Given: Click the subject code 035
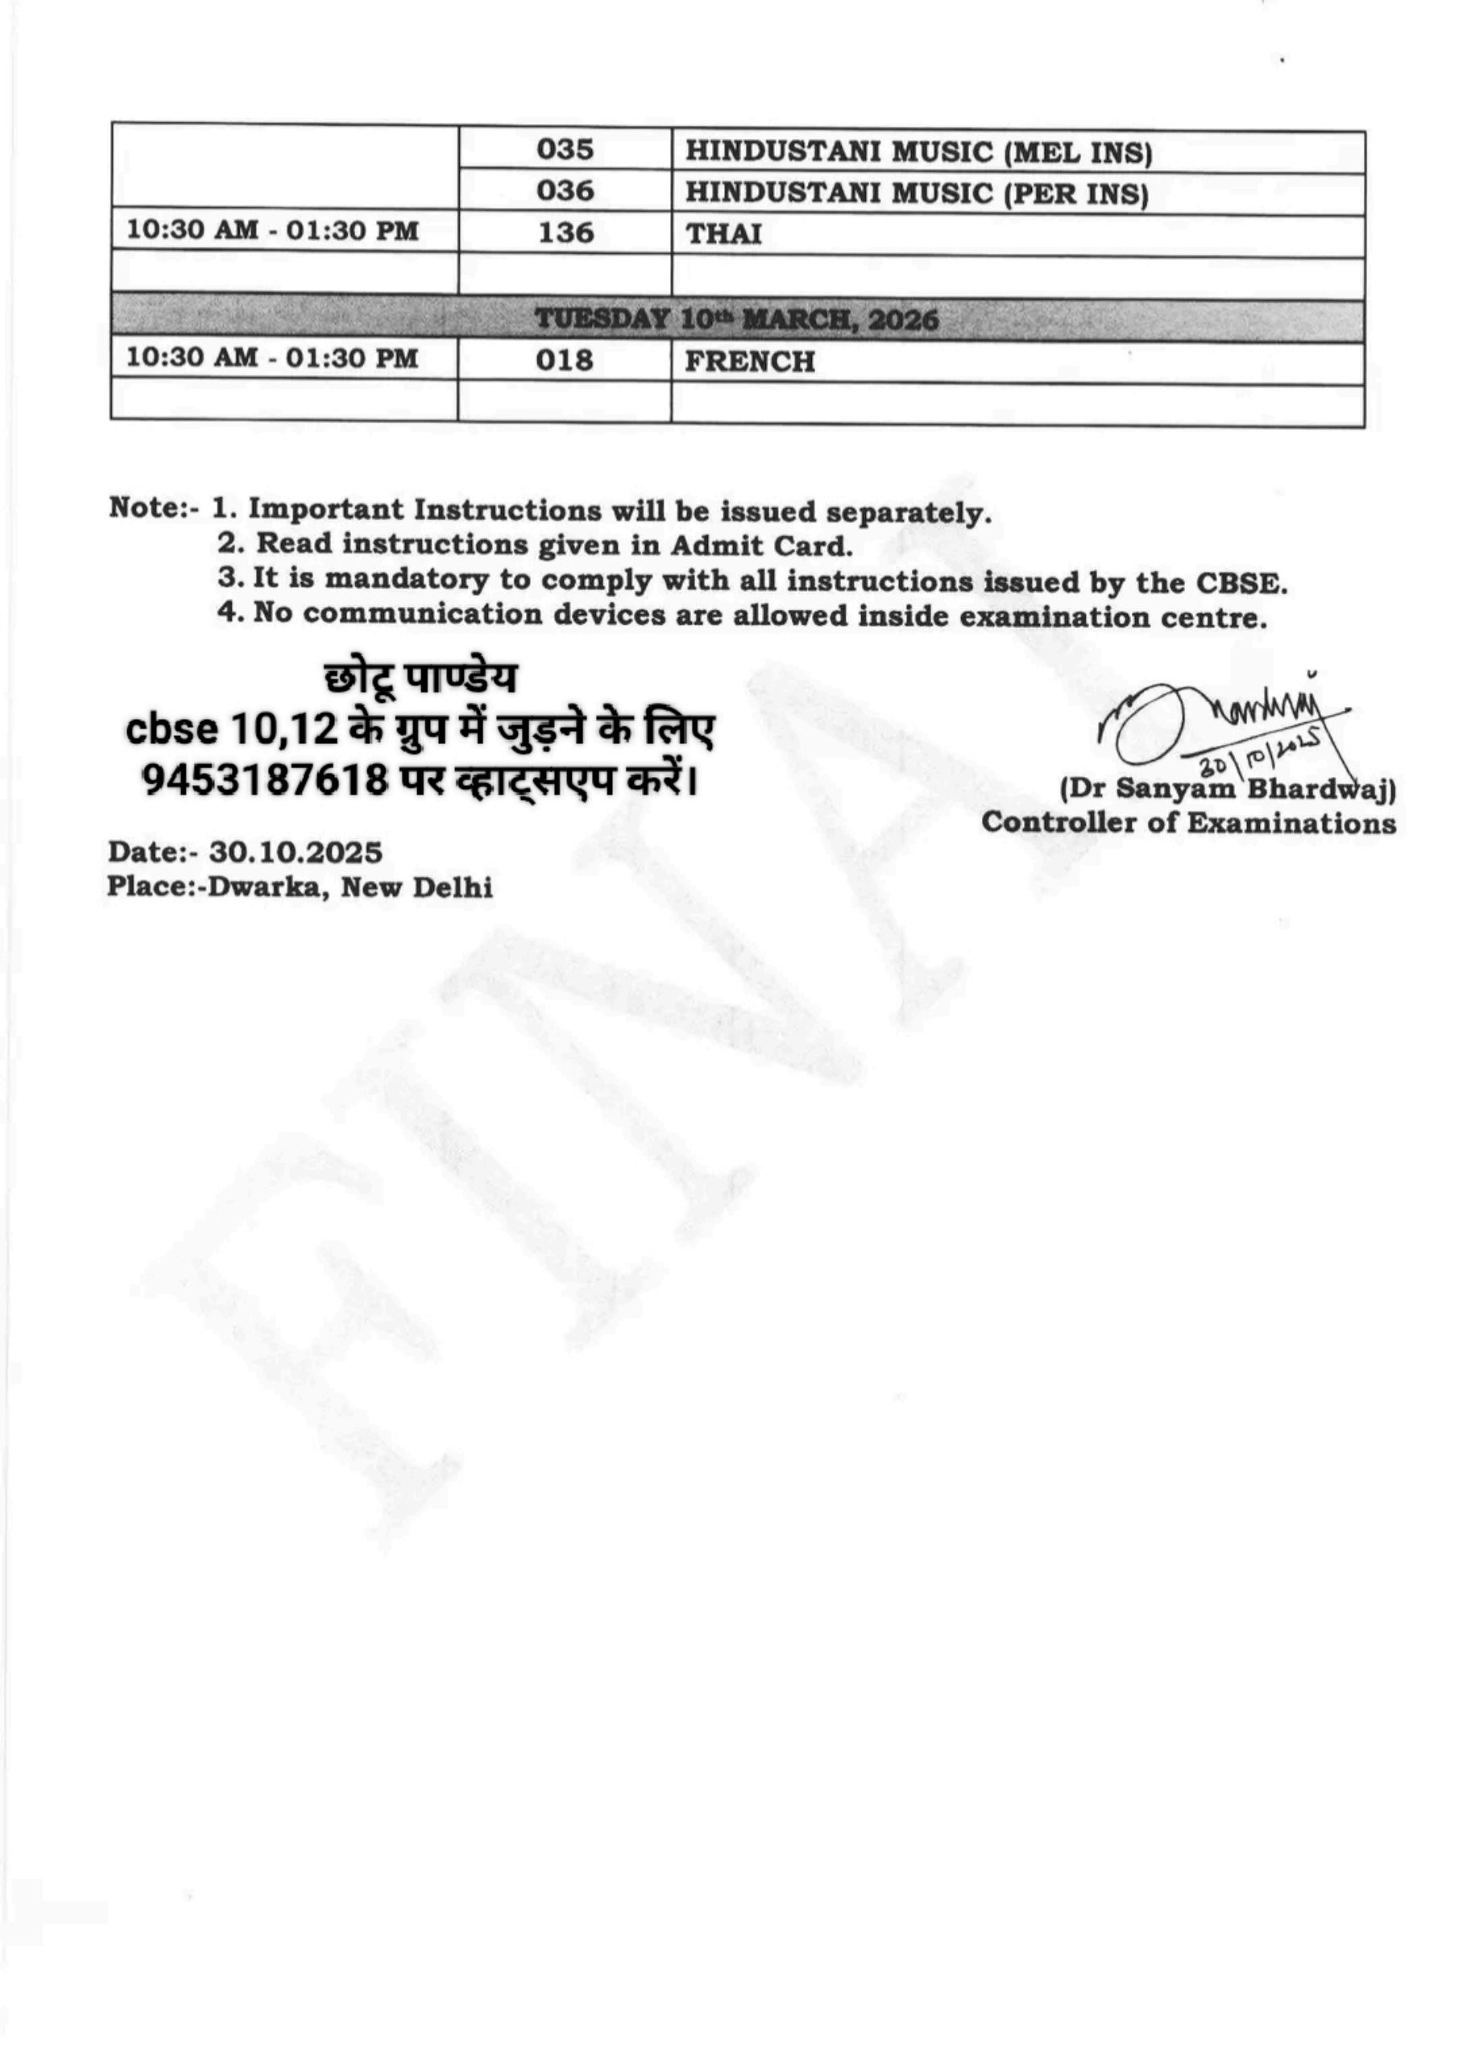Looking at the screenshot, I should [565, 149].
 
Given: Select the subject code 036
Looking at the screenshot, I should [565, 190].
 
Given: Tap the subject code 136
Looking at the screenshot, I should [565, 233].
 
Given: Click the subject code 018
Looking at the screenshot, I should [565, 360].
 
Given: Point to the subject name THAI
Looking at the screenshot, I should [723, 234].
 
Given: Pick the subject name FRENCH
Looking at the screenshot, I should [750, 362].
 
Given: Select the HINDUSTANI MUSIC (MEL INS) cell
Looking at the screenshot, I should [918, 151].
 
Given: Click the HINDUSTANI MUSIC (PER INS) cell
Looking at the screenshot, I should [917, 194].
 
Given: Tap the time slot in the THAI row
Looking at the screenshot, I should [272, 230].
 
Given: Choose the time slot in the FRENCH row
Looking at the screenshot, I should [272, 358].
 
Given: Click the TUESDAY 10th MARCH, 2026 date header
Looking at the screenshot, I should [736, 320].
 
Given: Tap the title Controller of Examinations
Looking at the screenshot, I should [1188, 823].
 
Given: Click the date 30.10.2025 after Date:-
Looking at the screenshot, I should [296, 851].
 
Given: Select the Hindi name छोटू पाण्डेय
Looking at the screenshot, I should [420, 680].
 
